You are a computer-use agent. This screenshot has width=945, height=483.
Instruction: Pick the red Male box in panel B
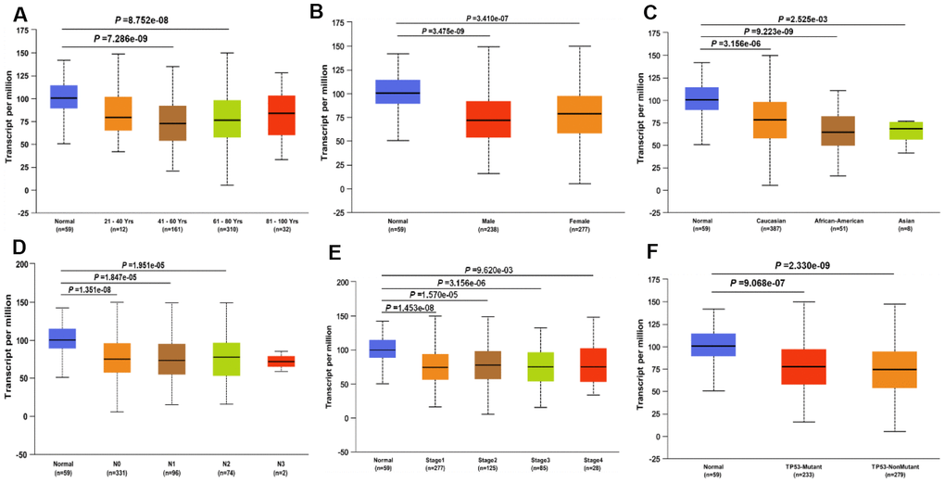pos(488,119)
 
